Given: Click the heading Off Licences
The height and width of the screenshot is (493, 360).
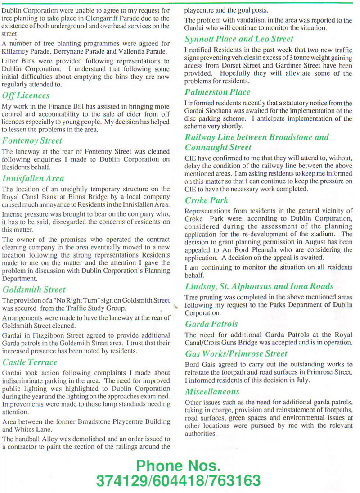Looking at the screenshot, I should (26, 95).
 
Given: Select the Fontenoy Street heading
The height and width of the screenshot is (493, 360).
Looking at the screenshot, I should (32, 141).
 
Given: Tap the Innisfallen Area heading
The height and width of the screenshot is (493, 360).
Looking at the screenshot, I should (33, 178).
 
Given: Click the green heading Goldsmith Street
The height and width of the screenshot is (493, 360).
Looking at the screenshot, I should (34, 289).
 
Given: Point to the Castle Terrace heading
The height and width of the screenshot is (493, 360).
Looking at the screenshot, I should (30, 362).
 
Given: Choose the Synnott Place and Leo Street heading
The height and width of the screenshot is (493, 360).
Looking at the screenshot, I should (238, 39).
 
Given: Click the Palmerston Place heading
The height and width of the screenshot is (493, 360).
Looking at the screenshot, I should (217, 92).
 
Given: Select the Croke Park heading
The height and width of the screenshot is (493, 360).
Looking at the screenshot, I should (207, 200).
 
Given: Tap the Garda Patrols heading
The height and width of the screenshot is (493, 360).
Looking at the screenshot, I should (211, 324).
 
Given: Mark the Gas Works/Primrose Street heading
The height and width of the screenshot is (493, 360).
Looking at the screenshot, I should (236, 353).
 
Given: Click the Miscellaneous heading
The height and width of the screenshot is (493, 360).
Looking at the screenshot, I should (212, 391).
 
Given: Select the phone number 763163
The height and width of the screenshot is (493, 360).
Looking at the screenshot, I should (235, 481).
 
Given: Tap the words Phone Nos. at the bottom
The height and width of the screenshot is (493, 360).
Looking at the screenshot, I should (178, 465).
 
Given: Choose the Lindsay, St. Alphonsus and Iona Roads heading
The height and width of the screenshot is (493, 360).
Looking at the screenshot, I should (259, 286).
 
